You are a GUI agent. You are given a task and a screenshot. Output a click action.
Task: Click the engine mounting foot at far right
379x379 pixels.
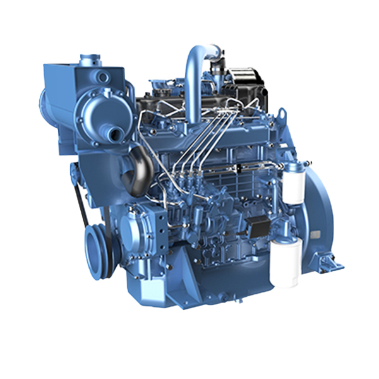click(328, 262)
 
